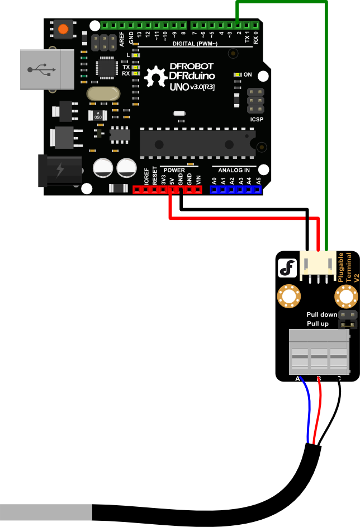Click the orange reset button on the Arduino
pos(64,29)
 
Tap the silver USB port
pos(47,69)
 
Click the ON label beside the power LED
pos(248,74)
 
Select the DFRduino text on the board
pos(192,76)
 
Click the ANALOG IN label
pos(234,170)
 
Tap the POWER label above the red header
pos(174,170)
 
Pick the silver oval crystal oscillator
pos(103,93)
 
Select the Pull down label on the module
pos(321,315)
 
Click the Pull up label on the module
pos(318,324)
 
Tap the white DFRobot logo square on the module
pos(288,269)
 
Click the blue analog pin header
pos(235,189)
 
